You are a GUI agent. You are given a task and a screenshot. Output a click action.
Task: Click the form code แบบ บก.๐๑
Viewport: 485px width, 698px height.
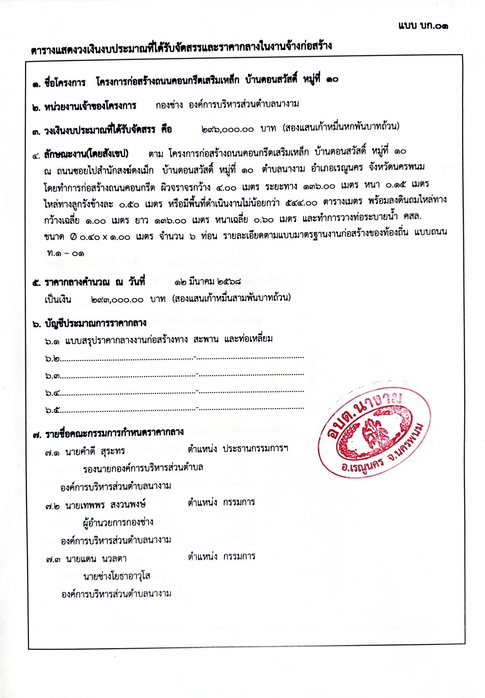pyautogui.click(x=423, y=26)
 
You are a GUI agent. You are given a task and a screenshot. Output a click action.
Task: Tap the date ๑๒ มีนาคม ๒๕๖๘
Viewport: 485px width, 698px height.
pyautogui.click(x=208, y=281)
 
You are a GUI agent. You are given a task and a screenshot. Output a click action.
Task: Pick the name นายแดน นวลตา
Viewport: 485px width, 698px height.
pyautogui.click(x=96, y=559)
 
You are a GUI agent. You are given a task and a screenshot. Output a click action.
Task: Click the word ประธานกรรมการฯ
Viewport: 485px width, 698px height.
pyautogui.click(x=255, y=449)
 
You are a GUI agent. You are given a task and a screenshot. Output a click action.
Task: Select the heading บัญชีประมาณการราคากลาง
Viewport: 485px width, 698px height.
pyautogui.click(x=96, y=323)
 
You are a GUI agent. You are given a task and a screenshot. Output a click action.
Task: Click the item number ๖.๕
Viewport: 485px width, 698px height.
pyautogui.click(x=53, y=410)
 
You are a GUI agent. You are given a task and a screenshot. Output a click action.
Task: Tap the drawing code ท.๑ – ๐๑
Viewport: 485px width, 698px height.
pyautogui.click(x=66, y=253)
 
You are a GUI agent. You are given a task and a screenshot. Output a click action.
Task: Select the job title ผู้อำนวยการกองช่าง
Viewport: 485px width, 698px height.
pyautogui.click(x=118, y=522)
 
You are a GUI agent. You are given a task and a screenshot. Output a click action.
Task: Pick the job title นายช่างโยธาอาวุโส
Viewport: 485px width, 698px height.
pyautogui.click(x=117, y=576)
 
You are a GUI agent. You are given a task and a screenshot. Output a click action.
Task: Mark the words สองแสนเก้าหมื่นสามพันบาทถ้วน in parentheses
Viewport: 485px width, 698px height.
pyautogui.click(x=231, y=298)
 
